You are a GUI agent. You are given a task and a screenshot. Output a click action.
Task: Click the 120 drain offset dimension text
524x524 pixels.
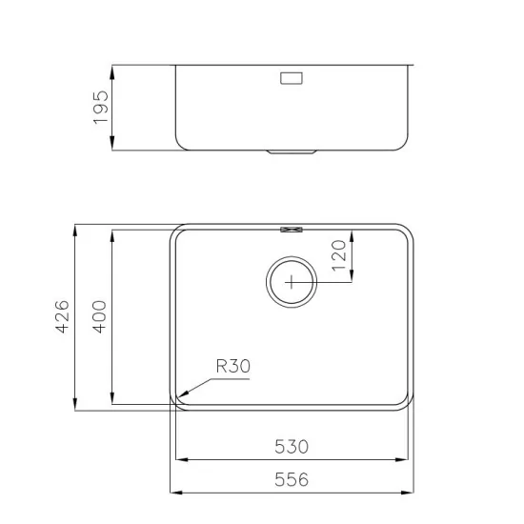(x=337, y=256)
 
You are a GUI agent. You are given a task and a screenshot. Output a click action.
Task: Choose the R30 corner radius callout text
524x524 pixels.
(x=232, y=365)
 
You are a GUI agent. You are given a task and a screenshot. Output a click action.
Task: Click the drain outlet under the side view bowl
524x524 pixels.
(x=292, y=152)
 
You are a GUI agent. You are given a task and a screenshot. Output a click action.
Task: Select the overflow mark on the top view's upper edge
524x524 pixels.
(x=292, y=228)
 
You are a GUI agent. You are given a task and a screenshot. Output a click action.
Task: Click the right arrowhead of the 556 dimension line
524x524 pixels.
(x=412, y=493)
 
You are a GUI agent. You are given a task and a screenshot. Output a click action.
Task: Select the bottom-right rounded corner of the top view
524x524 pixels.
(x=404, y=399)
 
